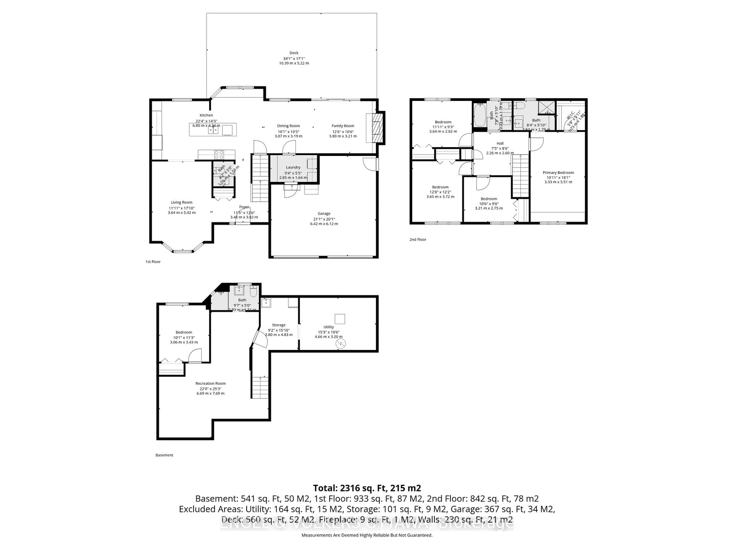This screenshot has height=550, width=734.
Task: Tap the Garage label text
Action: (x=324, y=214)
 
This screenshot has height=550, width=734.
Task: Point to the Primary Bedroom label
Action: (x=558, y=172)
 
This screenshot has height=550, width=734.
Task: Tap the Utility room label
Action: (x=329, y=327)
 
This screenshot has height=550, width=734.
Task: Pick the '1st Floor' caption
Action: (x=153, y=262)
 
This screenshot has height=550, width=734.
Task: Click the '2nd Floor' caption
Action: (x=417, y=239)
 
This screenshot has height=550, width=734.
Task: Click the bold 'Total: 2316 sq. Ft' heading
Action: (x=367, y=488)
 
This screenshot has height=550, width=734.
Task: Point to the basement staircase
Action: (x=260, y=387)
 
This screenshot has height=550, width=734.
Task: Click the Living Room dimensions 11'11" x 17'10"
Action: (x=182, y=208)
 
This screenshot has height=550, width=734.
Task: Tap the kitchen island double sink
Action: (x=213, y=130)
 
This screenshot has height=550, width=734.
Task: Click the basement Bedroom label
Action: (x=184, y=332)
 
